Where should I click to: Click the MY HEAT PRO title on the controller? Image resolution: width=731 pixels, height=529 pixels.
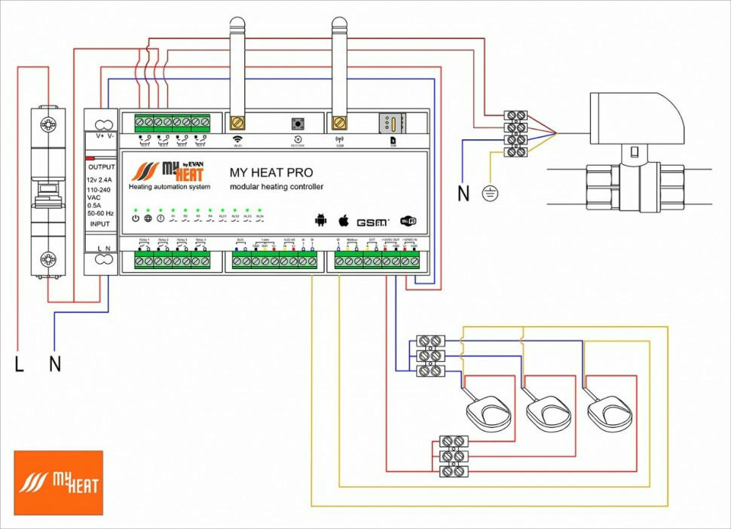click(271, 173)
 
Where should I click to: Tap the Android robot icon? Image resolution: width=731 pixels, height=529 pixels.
click(321, 220)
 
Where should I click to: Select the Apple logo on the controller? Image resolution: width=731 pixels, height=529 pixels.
click(343, 219)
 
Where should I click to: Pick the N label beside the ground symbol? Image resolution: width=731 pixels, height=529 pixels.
click(463, 194)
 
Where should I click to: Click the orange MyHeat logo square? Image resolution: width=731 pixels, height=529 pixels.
click(58, 482)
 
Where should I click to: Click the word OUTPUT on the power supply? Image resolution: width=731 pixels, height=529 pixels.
click(102, 167)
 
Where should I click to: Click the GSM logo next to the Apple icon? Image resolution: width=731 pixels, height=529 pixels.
click(372, 222)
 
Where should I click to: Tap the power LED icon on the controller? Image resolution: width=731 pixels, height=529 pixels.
click(136, 218)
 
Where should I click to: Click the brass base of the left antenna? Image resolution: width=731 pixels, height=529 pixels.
click(237, 121)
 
